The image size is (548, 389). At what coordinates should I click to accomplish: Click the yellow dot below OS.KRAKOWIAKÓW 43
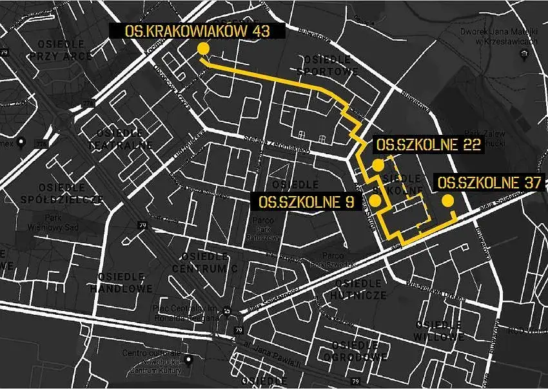click(203, 49)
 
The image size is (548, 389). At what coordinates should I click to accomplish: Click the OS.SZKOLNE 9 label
click(306, 202)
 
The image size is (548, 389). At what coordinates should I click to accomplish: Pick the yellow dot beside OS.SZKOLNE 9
click(375, 201)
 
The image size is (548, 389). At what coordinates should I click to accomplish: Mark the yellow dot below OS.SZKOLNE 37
click(447, 201)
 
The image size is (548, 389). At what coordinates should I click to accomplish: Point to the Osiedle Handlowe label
click(126, 283)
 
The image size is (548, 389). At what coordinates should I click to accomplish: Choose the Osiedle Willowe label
click(440, 330)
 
